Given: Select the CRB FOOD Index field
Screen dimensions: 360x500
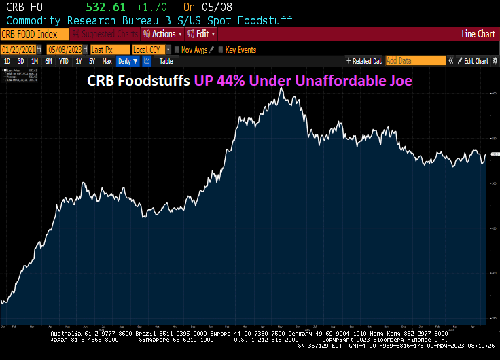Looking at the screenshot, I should [35, 34].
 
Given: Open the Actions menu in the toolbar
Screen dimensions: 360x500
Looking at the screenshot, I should [163, 34].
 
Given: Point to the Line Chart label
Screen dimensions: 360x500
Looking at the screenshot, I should [478, 34].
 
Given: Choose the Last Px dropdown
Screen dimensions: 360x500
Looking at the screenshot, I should [109, 50].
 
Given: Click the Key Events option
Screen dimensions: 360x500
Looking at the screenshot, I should [240, 50].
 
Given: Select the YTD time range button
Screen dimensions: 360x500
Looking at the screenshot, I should [64, 61].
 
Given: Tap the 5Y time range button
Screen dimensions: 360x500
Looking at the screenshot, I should [92, 61].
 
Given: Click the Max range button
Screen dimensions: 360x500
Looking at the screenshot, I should [107, 61].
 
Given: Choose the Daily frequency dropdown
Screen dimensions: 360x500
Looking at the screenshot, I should [127, 61].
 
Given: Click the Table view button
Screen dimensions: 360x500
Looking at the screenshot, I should [166, 61].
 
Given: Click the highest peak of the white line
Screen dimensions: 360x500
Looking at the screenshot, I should [281, 88].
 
